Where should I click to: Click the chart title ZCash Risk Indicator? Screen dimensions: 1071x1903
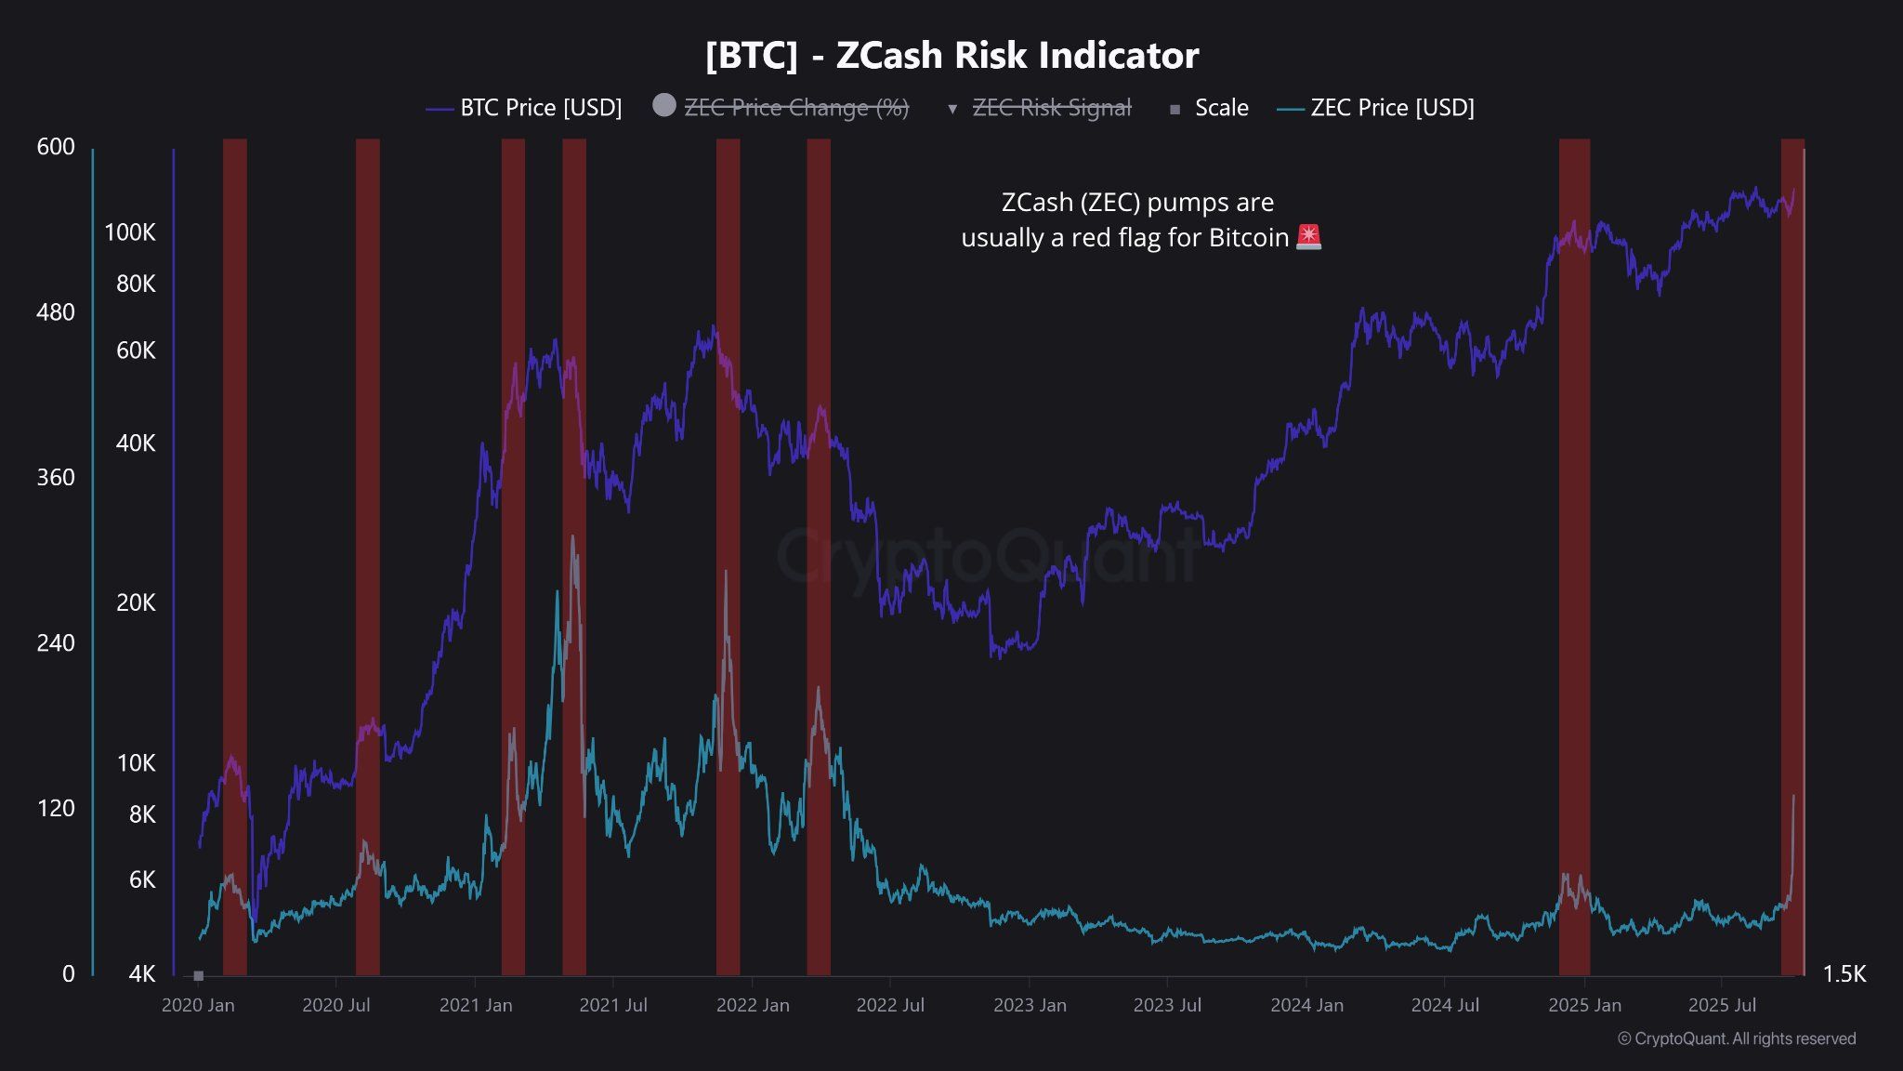[951, 56]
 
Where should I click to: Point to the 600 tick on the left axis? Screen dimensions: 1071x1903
[56, 147]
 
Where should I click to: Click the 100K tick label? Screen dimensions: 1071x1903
[130, 232]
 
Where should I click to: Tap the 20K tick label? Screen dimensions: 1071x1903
[136, 602]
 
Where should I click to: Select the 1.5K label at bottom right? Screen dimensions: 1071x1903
[1844, 973]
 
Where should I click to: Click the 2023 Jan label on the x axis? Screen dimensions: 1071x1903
[1030, 1005]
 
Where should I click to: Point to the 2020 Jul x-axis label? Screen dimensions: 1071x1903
[336, 1005]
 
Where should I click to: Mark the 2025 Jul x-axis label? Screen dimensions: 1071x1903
[1722, 1005]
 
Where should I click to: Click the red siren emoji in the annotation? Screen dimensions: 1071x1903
[1308, 237]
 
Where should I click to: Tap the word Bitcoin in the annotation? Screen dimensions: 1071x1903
[1248, 238]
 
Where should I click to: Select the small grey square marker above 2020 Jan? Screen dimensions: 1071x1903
[198, 975]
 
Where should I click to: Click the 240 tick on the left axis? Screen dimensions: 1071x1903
[56, 642]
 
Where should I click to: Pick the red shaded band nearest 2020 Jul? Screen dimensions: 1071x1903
[368, 558]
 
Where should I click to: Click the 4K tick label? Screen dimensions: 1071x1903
[141, 973]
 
